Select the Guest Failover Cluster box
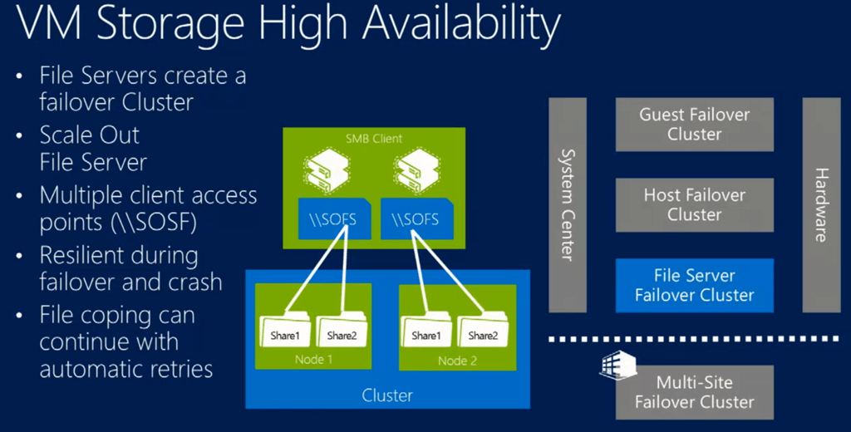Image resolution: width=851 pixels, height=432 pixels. pos(694,125)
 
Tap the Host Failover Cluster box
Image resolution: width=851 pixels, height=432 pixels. pos(694,204)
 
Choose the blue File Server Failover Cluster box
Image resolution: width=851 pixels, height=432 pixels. pos(694,285)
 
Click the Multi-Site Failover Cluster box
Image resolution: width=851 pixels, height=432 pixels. pos(694,392)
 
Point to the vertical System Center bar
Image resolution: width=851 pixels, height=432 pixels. pos(568,204)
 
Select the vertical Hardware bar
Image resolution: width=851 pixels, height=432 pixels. pos(820,204)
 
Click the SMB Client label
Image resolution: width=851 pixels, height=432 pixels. pos(373,139)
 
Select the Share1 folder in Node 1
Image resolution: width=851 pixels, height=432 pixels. pos(284,332)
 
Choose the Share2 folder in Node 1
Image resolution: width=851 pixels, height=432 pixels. pos(342,332)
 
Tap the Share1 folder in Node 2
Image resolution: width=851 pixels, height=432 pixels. pos(426,332)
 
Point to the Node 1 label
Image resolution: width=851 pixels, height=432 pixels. pos(313,359)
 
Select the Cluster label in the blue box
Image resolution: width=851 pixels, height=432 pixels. pos(387,395)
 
